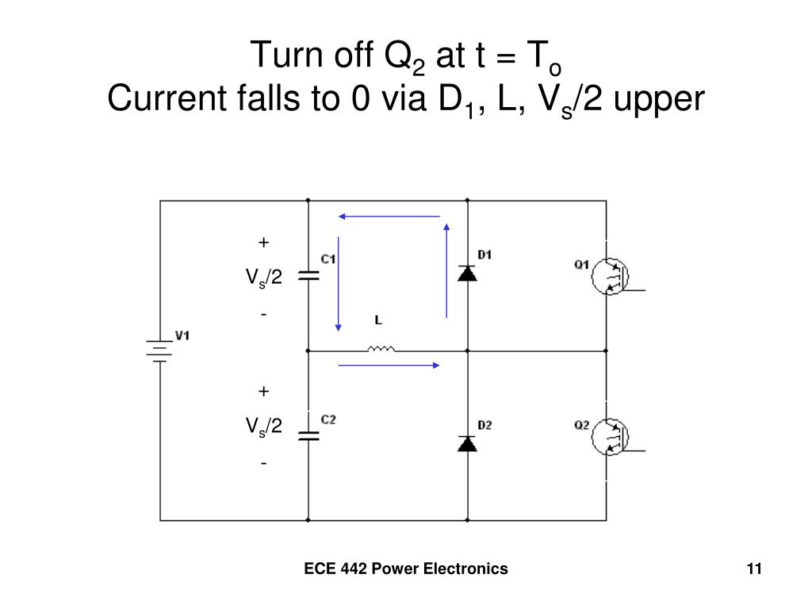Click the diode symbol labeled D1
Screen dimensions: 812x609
pyautogui.click(x=467, y=274)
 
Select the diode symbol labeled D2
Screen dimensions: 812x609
pyautogui.click(x=467, y=444)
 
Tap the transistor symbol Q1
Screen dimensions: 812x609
pyautogui.click(x=610, y=277)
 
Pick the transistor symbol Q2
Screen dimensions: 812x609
pyautogui.click(x=610, y=437)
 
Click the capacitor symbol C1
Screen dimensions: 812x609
pyautogui.click(x=308, y=276)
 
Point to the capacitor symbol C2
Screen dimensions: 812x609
pyautogui.click(x=308, y=436)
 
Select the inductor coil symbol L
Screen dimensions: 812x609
pyautogui.click(x=381, y=349)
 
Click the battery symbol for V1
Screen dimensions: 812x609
pyautogui.click(x=159, y=350)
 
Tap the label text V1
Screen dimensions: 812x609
pyautogui.click(x=182, y=335)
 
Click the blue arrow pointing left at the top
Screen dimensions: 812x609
pyautogui.click(x=389, y=216)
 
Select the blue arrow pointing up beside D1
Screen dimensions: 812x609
pyautogui.click(x=446, y=271)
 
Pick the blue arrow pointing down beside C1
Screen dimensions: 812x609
pyautogui.click(x=338, y=284)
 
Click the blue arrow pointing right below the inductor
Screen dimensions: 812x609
pyautogui.click(x=389, y=365)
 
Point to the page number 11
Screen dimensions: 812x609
pyautogui.click(x=754, y=569)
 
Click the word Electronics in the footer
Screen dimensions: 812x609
pyautogui.click(x=465, y=569)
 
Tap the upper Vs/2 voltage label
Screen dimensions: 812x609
pyautogui.click(x=263, y=278)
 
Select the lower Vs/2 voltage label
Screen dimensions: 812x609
pyautogui.click(x=263, y=426)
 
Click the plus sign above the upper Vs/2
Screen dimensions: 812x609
pyautogui.click(x=263, y=243)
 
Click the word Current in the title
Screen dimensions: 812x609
pyautogui.click(x=167, y=98)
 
